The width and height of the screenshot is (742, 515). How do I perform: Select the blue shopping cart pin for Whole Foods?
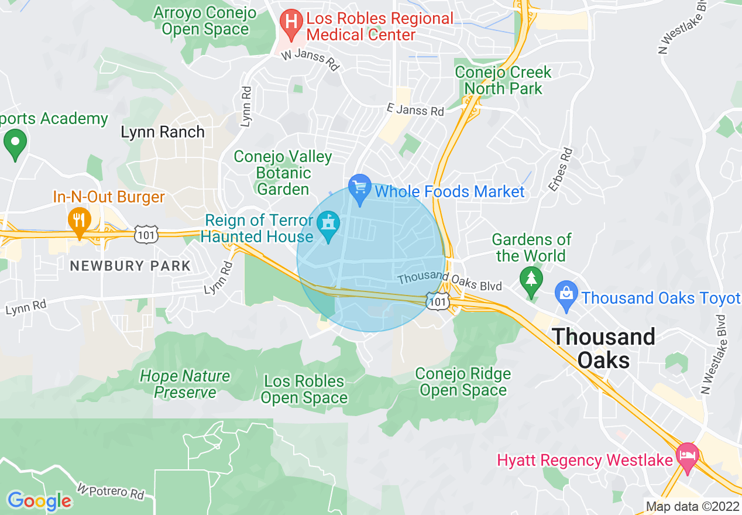(x=359, y=188)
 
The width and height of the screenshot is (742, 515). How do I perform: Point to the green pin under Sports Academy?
(x=15, y=143)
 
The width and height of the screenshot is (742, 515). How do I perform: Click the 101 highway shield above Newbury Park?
(x=144, y=234)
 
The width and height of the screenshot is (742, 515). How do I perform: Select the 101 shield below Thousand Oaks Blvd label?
(x=438, y=301)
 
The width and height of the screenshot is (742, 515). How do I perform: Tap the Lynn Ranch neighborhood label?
(x=163, y=132)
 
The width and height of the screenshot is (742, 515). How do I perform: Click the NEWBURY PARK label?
(x=130, y=266)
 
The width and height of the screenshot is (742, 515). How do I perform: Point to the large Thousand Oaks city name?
(x=603, y=348)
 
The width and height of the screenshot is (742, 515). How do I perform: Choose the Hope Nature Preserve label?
(x=185, y=384)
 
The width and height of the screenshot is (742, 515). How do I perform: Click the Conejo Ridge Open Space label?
(x=463, y=382)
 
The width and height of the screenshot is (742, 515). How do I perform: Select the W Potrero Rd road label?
(x=111, y=491)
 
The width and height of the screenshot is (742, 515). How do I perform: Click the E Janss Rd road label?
(x=415, y=109)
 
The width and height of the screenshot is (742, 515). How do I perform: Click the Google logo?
(x=39, y=500)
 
